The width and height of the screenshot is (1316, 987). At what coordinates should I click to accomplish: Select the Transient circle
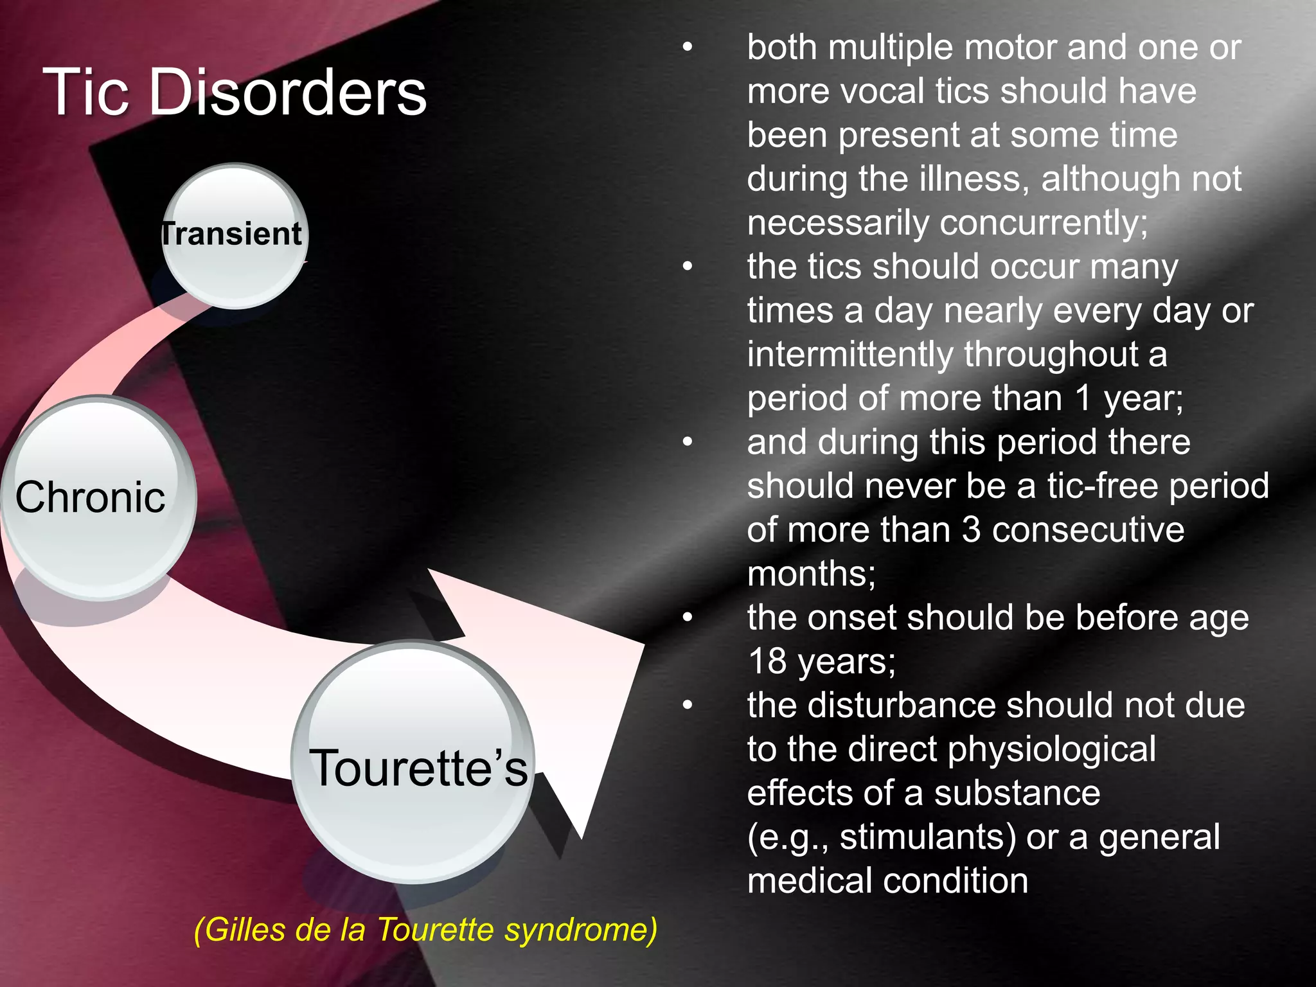(x=235, y=235)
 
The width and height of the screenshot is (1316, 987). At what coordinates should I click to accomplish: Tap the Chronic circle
(x=96, y=498)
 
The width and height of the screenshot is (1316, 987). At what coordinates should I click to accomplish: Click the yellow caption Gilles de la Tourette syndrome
(x=425, y=930)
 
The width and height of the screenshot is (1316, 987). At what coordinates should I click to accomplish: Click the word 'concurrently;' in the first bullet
(x=1044, y=223)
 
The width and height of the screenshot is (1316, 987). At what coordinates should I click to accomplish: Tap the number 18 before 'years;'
(x=767, y=661)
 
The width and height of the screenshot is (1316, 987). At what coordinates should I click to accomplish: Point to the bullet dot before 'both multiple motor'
(x=688, y=48)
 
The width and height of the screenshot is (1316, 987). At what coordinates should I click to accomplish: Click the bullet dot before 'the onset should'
(x=688, y=618)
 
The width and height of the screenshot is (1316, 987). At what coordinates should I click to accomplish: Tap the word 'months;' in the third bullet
(x=811, y=574)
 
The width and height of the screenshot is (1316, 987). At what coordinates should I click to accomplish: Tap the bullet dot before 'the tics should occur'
(x=688, y=267)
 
